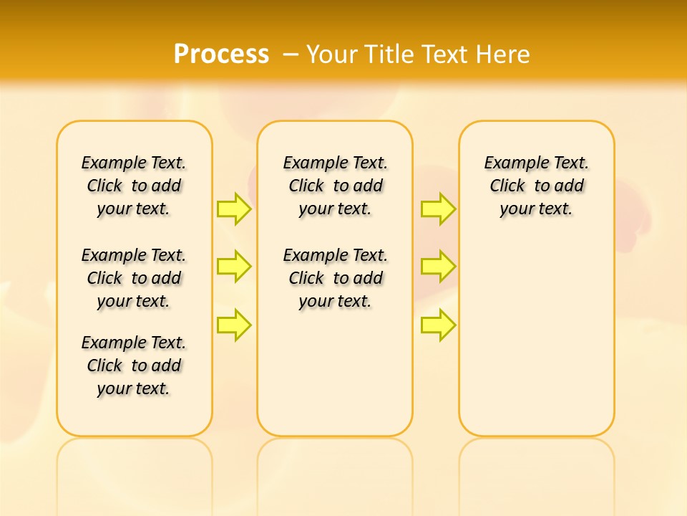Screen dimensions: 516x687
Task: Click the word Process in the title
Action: pos(221,54)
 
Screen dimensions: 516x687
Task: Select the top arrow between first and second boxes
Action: pos(234,209)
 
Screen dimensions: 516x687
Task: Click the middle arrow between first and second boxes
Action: pos(234,267)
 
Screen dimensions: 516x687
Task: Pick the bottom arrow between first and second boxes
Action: pos(234,325)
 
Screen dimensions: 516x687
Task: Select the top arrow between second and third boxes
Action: pos(438,209)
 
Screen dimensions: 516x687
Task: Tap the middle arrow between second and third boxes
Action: pos(438,267)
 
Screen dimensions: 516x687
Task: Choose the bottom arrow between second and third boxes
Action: pos(438,325)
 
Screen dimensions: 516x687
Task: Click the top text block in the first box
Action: pos(134,186)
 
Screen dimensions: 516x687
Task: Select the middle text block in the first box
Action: pos(134,278)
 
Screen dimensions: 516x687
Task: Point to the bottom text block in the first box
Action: pos(134,365)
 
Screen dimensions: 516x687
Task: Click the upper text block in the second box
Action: pos(336,186)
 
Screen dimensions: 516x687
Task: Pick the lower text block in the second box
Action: pos(336,278)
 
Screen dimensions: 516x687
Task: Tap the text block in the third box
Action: pos(537,186)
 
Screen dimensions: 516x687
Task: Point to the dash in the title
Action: pos(291,54)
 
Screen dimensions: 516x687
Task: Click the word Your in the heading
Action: pos(332,54)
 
